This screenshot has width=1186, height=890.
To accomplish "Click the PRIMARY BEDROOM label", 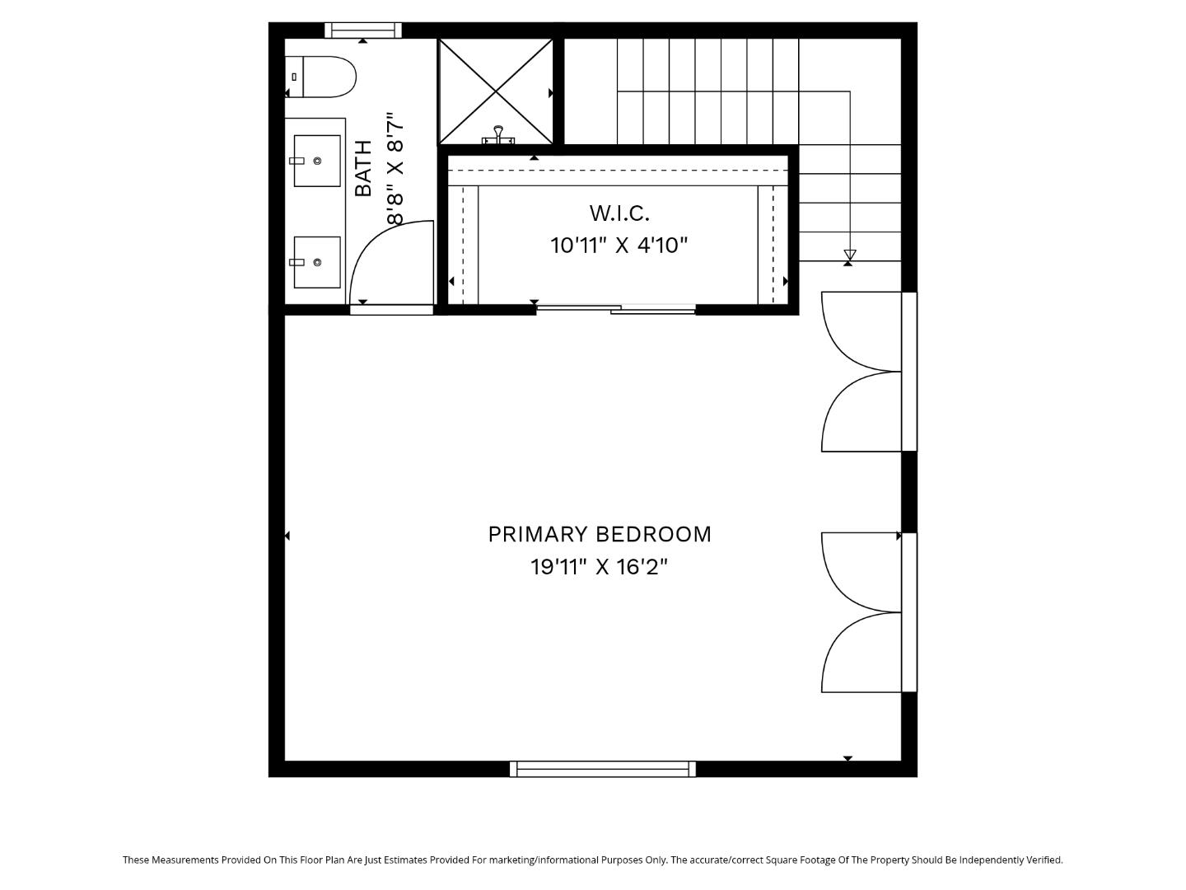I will tap(600, 534).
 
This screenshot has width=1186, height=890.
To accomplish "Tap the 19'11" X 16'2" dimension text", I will tap(599, 567).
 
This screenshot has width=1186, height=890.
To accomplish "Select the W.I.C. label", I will tap(619, 213).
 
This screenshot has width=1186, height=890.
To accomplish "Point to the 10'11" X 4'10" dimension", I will tap(619, 245).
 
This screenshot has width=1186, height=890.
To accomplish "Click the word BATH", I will tap(363, 168).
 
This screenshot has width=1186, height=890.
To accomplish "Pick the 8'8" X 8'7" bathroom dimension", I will tap(396, 169).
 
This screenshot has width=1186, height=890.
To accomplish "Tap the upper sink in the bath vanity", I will tap(317, 161).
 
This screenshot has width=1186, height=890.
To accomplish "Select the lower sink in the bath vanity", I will tap(317, 262).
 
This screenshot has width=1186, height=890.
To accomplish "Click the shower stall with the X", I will tap(496, 91).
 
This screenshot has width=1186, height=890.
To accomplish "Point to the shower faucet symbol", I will tap(498, 135).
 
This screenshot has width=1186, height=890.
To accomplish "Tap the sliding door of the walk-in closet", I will tap(616, 309).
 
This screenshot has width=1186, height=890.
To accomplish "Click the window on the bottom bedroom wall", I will tap(603, 769).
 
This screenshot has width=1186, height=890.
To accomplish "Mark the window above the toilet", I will tap(363, 30).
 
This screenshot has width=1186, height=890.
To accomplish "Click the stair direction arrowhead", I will tap(850, 255).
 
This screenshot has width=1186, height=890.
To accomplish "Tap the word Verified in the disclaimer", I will tap(1042, 860).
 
